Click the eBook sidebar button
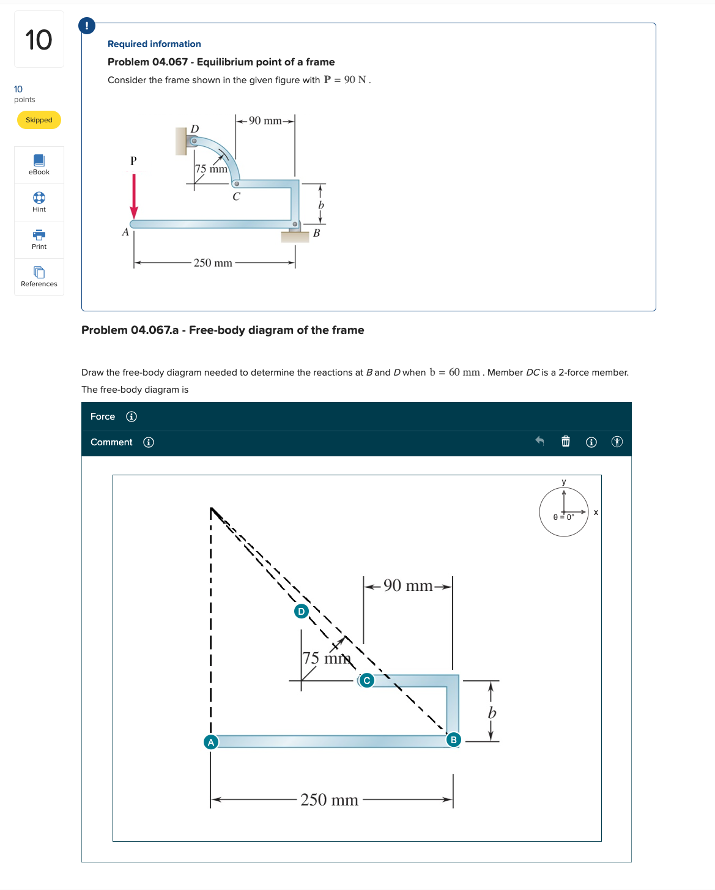pyautogui.click(x=39, y=165)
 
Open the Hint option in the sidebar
pyautogui.click(x=39, y=202)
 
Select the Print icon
pyautogui.click(x=39, y=239)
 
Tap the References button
pyautogui.click(x=39, y=276)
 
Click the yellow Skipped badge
pyautogui.click(x=39, y=120)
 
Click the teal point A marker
pyautogui.click(x=211, y=742)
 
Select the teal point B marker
pyautogui.click(x=453, y=740)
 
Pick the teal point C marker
pyautogui.click(x=366, y=680)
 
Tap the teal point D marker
pyautogui.click(x=301, y=611)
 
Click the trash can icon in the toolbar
pyautogui.click(x=566, y=442)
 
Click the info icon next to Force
pyautogui.click(x=132, y=417)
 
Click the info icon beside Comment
pyautogui.click(x=149, y=442)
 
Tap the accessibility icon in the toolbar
pyautogui.click(x=617, y=442)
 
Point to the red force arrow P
pyautogui.click(x=134, y=196)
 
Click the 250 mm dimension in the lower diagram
pyautogui.click(x=329, y=799)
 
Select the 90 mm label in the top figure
pyautogui.click(x=265, y=121)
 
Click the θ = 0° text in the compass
pyautogui.click(x=563, y=517)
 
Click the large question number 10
pyautogui.click(x=39, y=40)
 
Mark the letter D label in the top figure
pyautogui.click(x=194, y=128)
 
